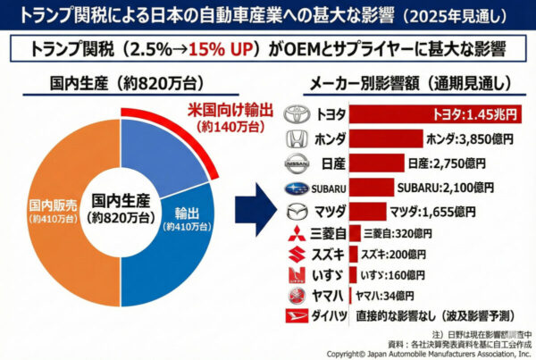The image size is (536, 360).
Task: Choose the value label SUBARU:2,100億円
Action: pos(445,188)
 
